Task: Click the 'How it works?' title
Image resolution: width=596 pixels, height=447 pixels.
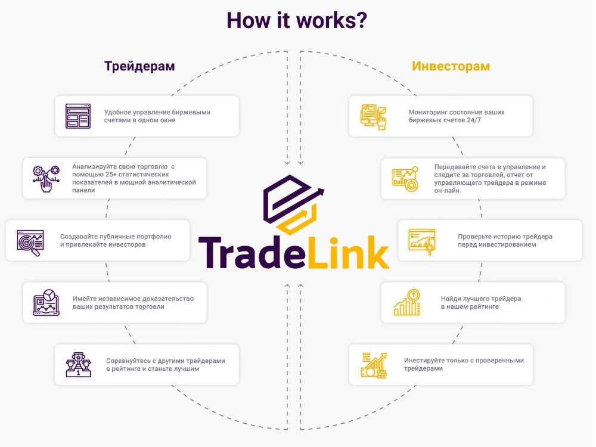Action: pyautogui.click(x=297, y=20)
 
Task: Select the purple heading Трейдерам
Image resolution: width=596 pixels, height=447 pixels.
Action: pyautogui.click(x=139, y=66)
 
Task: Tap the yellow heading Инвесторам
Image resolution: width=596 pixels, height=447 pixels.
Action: pyautogui.click(x=451, y=66)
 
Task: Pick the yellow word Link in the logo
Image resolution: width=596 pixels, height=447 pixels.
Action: pyautogui.click(x=348, y=252)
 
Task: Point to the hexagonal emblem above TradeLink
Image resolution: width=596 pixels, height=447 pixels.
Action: pyautogui.click(x=293, y=204)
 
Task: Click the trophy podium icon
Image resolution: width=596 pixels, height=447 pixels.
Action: pyautogui.click(x=78, y=365)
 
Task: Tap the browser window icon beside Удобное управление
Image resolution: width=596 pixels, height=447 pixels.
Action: pyautogui.click(x=78, y=116)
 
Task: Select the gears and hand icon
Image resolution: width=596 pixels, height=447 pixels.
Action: pyautogui.click(x=46, y=179)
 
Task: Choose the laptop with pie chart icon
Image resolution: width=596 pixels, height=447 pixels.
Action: pyautogui.click(x=46, y=303)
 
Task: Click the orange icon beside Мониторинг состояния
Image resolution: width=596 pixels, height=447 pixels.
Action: pyautogui.click(x=373, y=117)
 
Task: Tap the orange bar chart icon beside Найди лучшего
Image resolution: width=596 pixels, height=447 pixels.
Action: pyautogui.click(x=406, y=302)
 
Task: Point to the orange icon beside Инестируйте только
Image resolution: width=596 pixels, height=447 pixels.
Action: pyautogui.click(x=374, y=365)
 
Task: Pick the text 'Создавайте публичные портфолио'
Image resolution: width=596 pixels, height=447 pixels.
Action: pyautogui.click(x=116, y=237)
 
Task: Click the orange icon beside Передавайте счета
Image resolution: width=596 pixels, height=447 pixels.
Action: pyautogui.click(x=405, y=179)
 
